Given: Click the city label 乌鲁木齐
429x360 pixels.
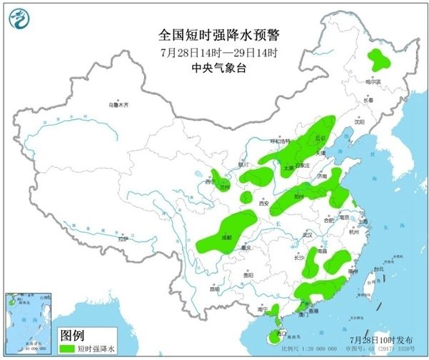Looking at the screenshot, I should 119,104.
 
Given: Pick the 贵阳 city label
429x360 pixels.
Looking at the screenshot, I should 248,274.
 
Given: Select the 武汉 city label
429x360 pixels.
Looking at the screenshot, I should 308,234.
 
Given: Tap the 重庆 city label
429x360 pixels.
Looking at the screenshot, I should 247,248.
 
